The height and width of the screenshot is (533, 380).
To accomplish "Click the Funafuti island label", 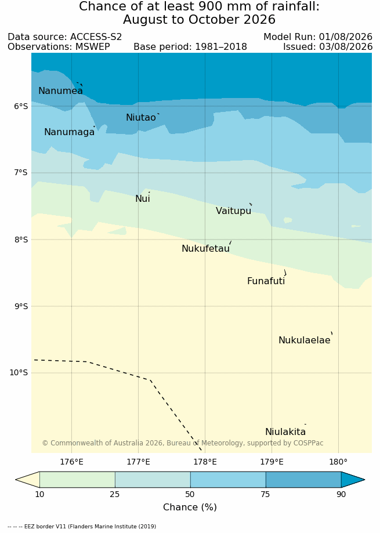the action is (x=266, y=281).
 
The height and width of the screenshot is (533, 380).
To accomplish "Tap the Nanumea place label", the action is (x=60, y=90).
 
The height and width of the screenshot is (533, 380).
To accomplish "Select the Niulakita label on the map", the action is (x=285, y=432).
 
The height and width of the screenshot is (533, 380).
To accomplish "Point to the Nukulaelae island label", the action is (x=305, y=340).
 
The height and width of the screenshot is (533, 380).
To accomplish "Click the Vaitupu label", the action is (x=233, y=211).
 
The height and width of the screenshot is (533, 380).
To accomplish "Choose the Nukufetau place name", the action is (x=205, y=248).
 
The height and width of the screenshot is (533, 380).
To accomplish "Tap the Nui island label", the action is (x=142, y=198).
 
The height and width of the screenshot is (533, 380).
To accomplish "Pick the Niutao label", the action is (x=141, y=118).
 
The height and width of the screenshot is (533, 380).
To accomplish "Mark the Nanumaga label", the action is (x=70, y=132).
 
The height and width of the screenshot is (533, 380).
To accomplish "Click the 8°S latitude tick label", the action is (x=21, y=240).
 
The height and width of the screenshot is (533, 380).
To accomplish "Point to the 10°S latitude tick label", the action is (x=19, y=373).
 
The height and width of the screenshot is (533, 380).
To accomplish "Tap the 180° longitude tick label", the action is (x=338, y=462).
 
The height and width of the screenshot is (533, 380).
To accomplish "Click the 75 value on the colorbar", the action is (x=266, y=494).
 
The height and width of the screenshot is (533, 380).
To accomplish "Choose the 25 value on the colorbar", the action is (x=115, y=494).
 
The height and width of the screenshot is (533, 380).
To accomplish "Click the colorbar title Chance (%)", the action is (x=190, y=507).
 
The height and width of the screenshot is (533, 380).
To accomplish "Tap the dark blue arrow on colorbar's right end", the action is (x=352, y=480).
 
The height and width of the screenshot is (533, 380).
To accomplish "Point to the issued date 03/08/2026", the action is (x=346, y=46).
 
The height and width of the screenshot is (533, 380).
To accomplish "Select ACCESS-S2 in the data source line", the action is (x=96, y=37).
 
